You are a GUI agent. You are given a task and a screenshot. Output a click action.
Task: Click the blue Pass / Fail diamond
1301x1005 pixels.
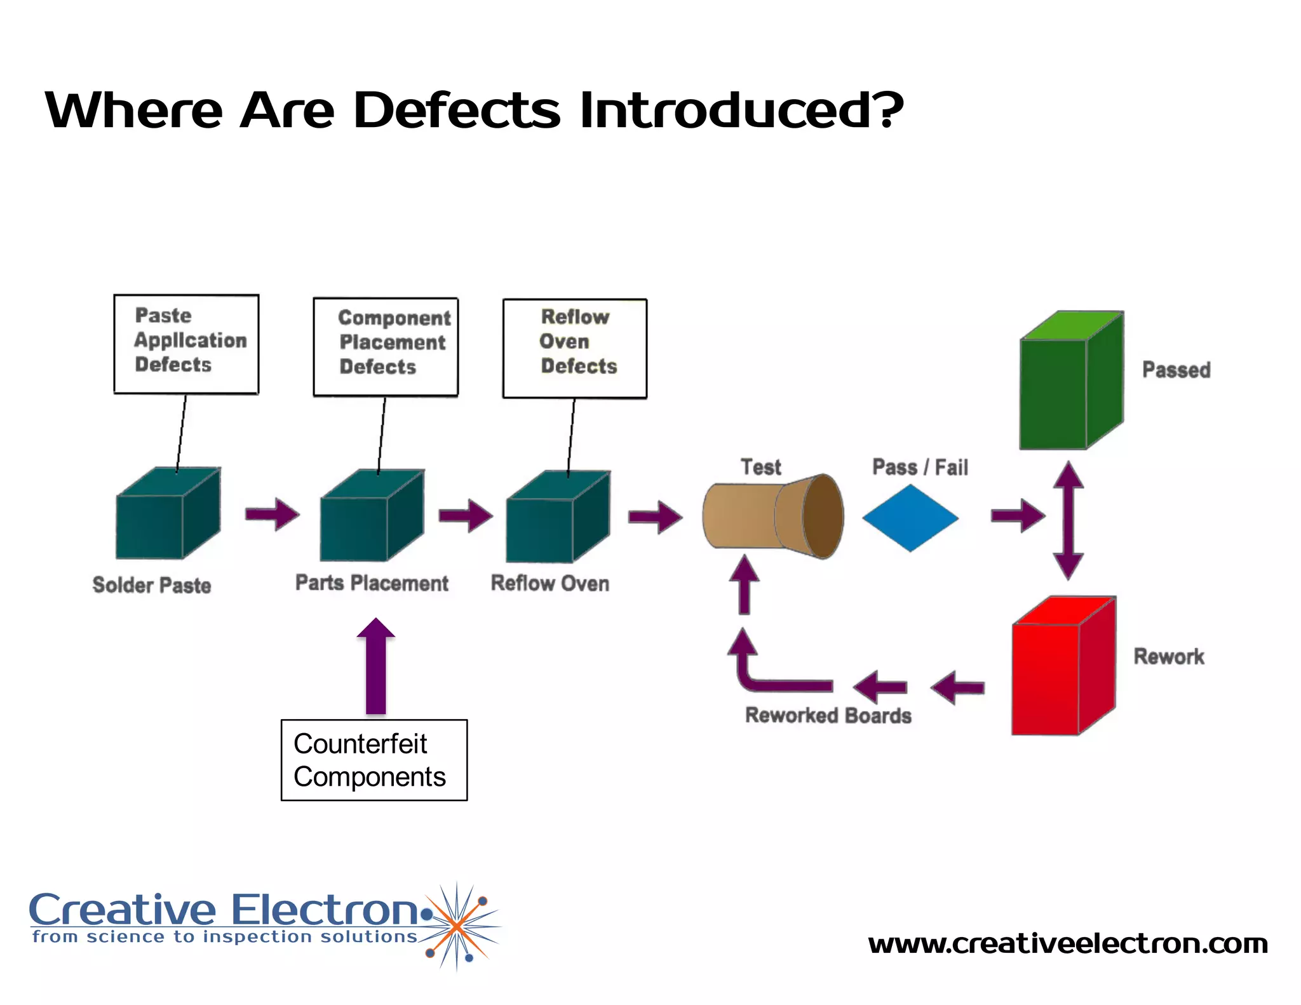tap(910, 518)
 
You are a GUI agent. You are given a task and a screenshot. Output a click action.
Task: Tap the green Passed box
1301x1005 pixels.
tap(1070, 381)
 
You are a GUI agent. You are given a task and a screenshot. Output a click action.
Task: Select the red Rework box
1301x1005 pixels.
tap(1063, 667)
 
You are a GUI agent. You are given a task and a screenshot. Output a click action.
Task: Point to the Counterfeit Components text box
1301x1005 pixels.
tap(374, 760)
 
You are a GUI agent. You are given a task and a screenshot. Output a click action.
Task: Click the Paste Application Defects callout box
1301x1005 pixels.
tap(186, 344)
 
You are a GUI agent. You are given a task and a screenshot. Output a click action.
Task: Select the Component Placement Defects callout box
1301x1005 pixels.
tap(386, 347)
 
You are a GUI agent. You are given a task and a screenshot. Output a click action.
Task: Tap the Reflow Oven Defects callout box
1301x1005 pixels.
tap(574, 348)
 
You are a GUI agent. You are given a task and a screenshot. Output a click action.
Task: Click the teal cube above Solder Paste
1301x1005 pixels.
tap(167, 515)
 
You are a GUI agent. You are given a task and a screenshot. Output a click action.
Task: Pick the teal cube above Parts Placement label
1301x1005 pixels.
tap(371, 516)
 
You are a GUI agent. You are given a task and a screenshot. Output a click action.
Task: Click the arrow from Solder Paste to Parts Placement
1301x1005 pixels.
tap(273, 513)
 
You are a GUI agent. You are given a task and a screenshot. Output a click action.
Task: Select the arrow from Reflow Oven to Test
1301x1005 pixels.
tap(655, 516)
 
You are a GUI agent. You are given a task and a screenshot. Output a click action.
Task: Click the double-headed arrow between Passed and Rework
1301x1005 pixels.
tap(1068, 520)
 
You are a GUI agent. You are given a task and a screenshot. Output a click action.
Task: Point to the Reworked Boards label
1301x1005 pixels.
tap(828, 715)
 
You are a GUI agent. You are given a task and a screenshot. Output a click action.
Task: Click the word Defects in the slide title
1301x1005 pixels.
tap(456, 111)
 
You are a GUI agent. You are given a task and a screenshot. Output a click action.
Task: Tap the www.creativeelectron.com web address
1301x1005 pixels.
tap(1067, 943)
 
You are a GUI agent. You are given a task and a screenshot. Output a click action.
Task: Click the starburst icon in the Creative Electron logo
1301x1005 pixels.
tap(457, 926)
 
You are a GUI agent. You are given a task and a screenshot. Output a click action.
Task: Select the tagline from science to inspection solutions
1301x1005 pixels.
tap(224, 937)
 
